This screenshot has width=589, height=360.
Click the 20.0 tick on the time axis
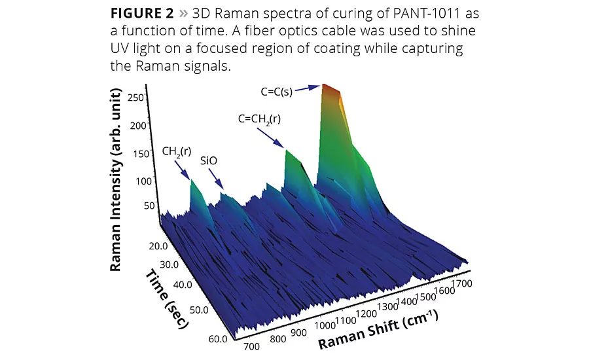tap(158, 246)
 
